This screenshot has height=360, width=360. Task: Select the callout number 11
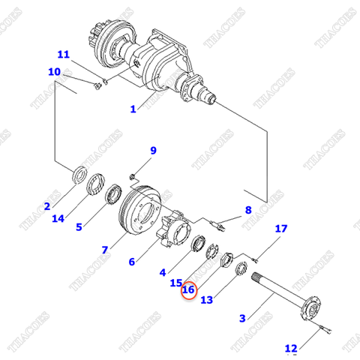[63, 55]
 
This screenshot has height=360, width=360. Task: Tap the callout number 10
[54, 72]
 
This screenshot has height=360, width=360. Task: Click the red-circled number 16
[188, 289]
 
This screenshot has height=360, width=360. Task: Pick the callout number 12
[290, 347]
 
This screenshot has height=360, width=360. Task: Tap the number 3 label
[241, 318]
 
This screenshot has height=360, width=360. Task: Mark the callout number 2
[46, 206]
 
